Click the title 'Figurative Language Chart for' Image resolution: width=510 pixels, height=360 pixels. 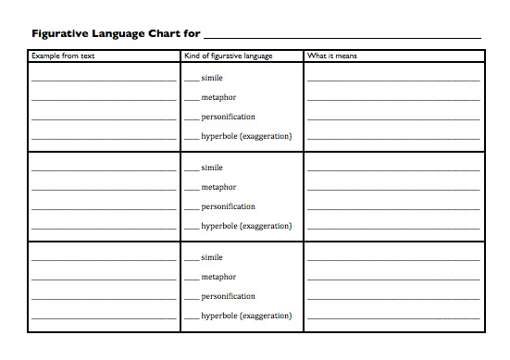pos(116,34)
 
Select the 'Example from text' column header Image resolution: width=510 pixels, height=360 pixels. pos(63,56)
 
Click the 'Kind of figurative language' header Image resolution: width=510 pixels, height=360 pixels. pos(229,56)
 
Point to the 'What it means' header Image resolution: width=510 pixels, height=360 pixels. pos(332,56)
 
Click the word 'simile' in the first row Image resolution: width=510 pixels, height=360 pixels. pos(212,78)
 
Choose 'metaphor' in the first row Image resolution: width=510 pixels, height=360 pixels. pos(218,97)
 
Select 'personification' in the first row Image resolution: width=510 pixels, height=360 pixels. pos(228,117)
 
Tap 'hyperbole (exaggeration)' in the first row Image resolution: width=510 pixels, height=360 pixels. pos(246,136)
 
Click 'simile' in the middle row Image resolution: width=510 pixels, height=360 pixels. pos(212,168)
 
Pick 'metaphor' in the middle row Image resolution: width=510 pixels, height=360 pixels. pos(218,187)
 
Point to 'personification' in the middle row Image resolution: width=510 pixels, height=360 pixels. pos(228,206)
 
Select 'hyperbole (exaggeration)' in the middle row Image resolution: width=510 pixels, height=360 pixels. pos(246,226)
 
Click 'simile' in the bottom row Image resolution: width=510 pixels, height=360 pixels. pos(212,257)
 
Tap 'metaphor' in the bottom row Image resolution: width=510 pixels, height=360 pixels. pos(218,277)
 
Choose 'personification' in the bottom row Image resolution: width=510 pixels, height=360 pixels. pos(228,296)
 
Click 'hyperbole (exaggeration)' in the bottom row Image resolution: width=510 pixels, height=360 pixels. pos(246,316)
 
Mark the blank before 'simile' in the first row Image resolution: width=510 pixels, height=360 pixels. pos(192,81)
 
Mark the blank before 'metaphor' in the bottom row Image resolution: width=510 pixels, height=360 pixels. pos(192,279)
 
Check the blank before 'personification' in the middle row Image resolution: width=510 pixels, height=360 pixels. pos(192,209)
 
